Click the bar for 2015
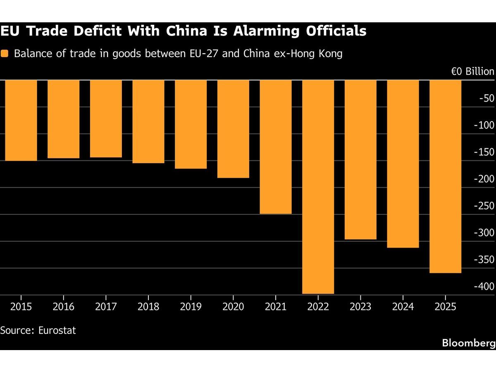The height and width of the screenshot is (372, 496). click(21, 120)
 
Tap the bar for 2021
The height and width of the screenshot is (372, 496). click(275, 147)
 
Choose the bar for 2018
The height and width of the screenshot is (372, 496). click(148, 122)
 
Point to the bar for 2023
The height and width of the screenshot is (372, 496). click(360, 160)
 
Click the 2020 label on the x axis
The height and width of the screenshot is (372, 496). click(233, 307)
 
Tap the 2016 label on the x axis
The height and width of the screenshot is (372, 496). click(63, 307)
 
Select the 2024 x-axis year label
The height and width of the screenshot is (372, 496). click(403, 307)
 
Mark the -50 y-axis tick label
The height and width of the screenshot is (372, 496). click(485, 98)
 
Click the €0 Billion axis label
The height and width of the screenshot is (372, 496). click(472, 72)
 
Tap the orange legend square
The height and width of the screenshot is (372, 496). click(5, 54)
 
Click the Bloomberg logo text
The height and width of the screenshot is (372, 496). click(468, 343)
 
